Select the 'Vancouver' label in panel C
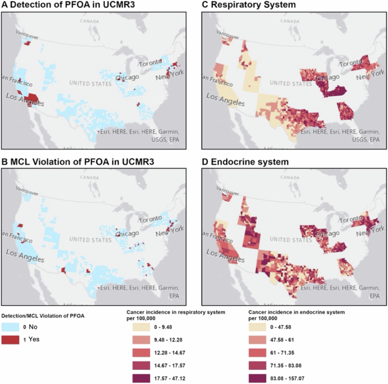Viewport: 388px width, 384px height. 223,36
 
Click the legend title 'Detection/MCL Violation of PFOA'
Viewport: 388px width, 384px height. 44,315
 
